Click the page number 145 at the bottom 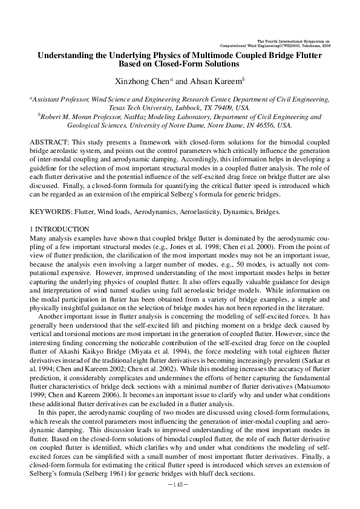180,485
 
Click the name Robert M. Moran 65,116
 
